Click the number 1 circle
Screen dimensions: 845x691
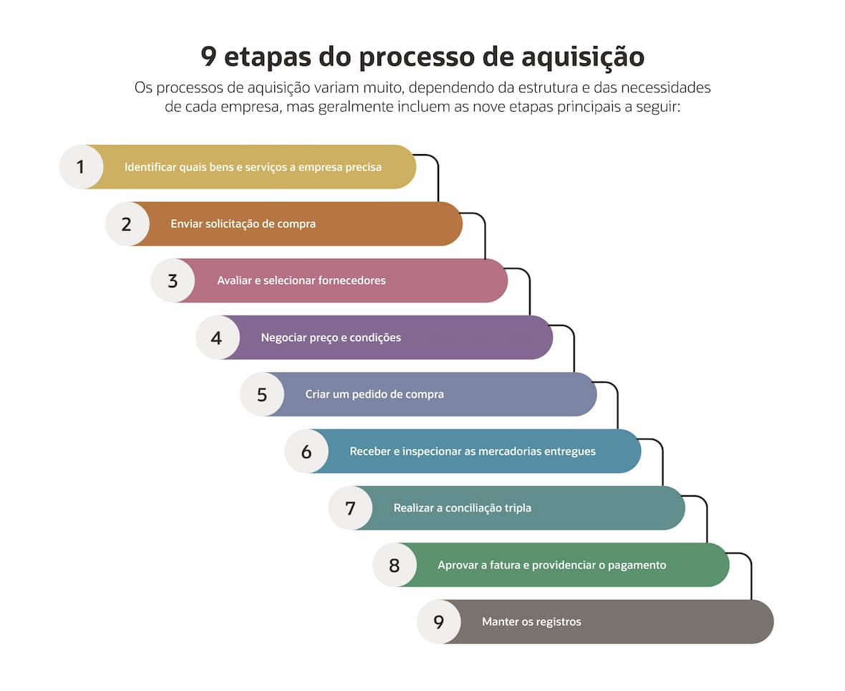(x=82, y=167)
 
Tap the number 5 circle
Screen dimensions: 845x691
(x=262, y=394)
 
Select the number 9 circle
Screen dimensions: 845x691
(x=439, y=622)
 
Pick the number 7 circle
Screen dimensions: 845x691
(x=351, y=508)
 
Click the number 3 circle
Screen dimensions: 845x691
(x=173, y=280)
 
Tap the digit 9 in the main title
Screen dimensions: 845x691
(x=208, y=56)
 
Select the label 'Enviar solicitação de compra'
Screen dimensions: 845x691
(x=243, y=224)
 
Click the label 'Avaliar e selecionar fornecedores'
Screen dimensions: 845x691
(x=301, y=280)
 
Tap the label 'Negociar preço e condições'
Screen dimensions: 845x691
(x=331, y=338)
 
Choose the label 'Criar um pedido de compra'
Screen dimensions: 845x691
(x=375, y=394)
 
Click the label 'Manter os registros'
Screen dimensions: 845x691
(x=531, y=622)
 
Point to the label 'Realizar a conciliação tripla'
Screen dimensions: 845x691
(x=463, y=508)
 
